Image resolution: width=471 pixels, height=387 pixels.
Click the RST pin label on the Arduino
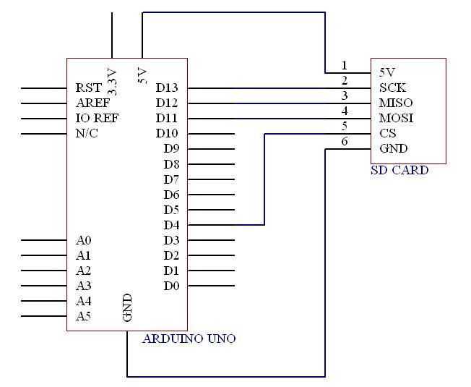point(89,88)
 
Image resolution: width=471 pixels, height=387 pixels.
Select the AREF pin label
point(92,103)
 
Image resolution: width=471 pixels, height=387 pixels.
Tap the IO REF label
point(97,118)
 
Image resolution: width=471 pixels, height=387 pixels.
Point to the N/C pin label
point(87,133)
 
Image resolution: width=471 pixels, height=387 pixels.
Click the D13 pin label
point(167,88)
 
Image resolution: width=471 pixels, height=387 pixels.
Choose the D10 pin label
point(167,133)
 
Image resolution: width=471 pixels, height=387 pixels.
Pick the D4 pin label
point(171,225)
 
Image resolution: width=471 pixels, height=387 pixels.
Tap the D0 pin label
point(171,286)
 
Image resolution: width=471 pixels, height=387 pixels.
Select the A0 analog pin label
point(83,240)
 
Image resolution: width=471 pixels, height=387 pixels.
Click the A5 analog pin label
point(83,316)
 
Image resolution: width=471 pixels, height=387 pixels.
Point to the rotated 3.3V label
point(112,82)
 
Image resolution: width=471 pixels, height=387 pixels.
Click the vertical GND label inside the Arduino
point(127,307)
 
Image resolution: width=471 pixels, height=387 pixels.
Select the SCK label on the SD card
point(392,88)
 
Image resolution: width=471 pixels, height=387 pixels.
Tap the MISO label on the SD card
point(396,103)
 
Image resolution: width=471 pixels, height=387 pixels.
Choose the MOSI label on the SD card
point(396,118)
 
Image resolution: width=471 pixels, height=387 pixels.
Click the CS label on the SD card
point(388,133)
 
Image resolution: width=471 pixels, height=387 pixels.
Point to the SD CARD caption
point(399,171)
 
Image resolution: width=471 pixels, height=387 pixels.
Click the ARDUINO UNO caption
point(189,339)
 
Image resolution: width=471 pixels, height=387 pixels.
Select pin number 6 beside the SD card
point(345,142)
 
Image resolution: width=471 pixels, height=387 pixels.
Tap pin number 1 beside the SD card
point(345,66)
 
